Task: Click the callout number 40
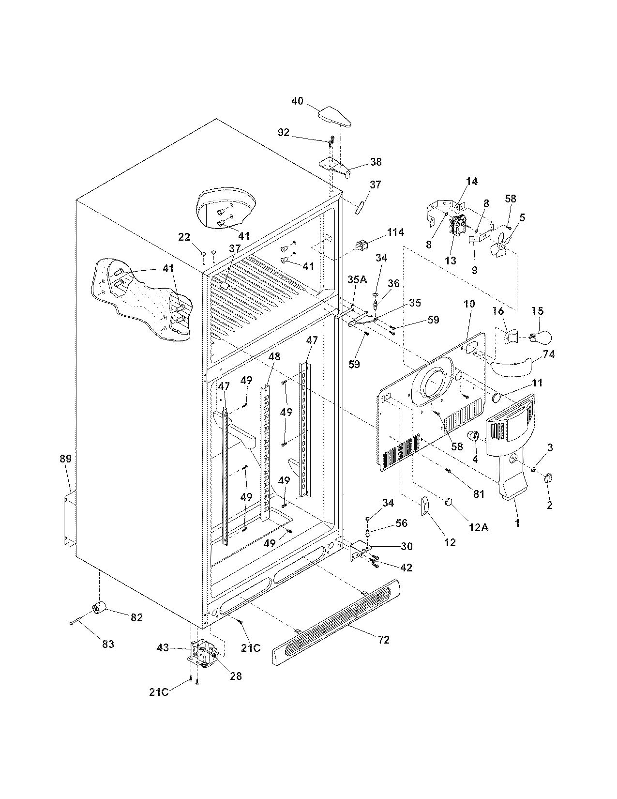point(297,101)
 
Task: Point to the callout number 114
point(395,232)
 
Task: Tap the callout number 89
point(65,459)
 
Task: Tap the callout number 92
point(284,132)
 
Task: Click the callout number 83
point(107,644)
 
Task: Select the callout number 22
point(184,237)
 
